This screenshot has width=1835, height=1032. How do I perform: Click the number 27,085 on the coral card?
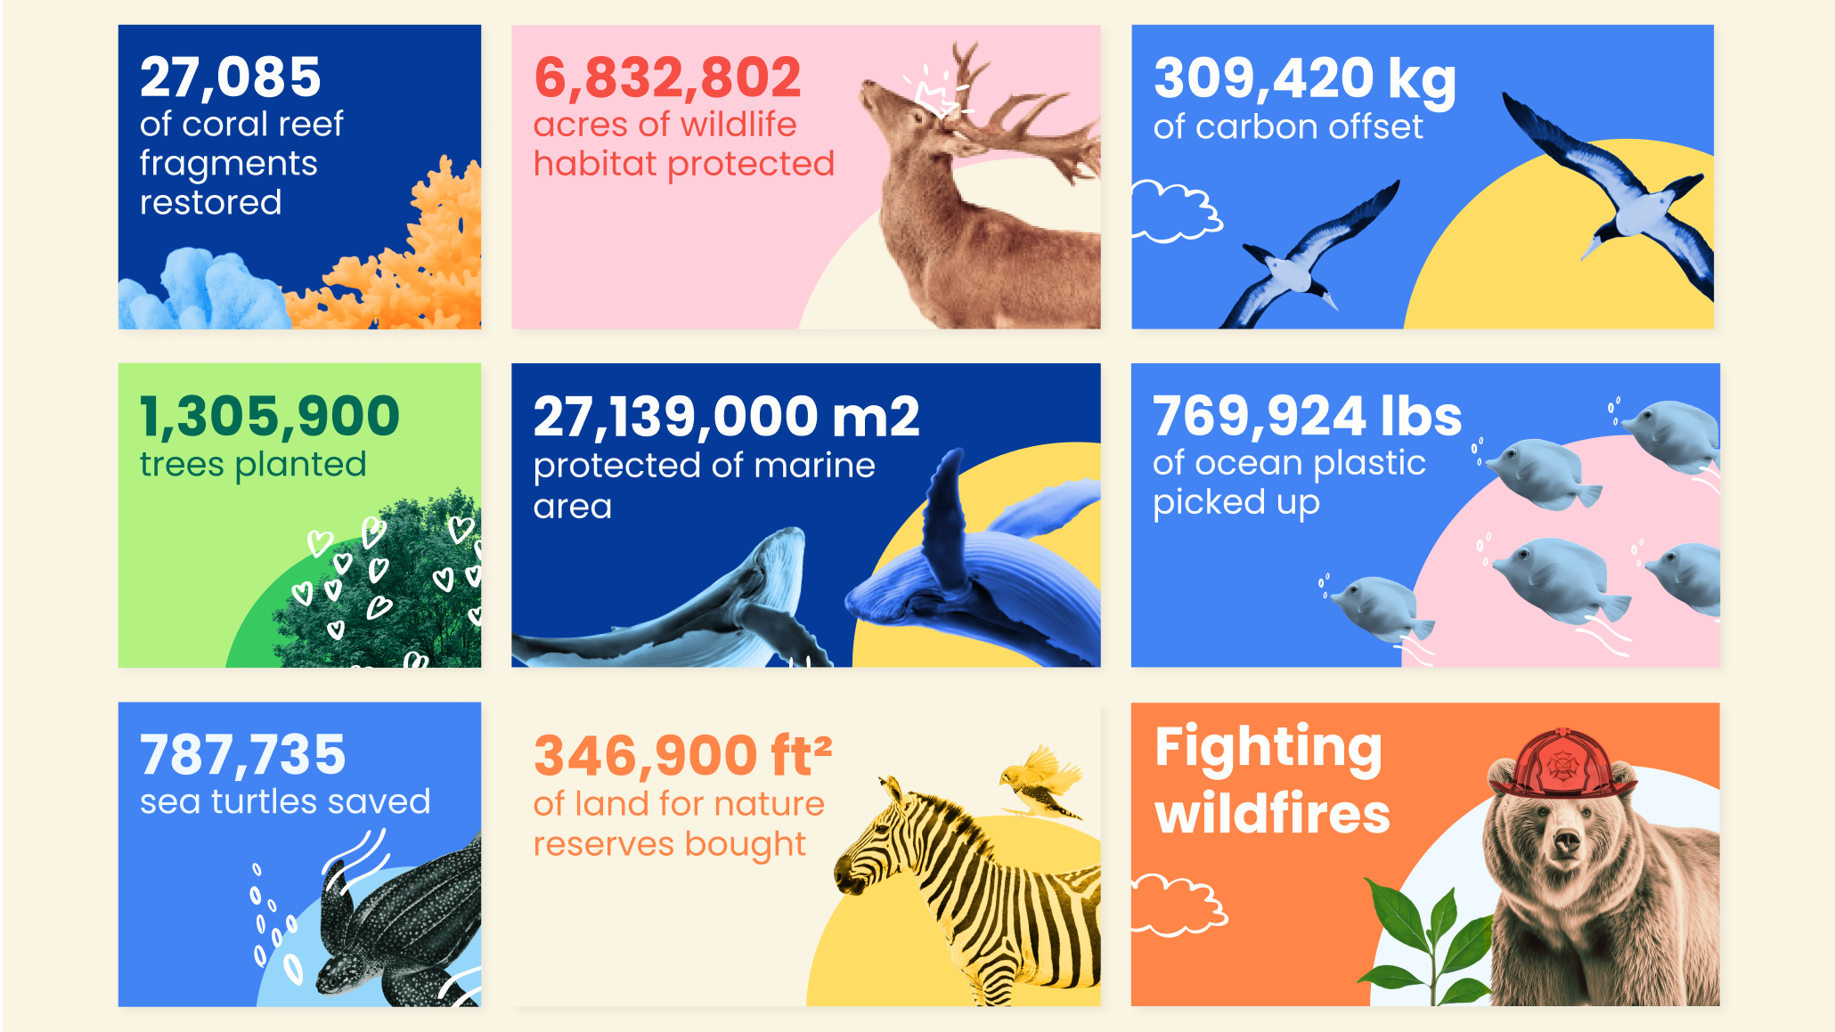tap(230, 78)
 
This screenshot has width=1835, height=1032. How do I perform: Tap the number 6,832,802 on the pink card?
tap(667, 78)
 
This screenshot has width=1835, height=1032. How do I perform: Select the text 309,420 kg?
tap(1304, 80)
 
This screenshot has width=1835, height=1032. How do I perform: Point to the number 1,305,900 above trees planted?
tap(270, 417)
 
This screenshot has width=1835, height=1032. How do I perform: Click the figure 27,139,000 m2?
tap(726, 417)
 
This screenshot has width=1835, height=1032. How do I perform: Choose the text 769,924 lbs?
tap(1307, 416)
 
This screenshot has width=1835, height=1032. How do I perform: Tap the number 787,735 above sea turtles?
tap(242, 755)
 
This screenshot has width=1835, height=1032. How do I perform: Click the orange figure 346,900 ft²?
tap(682, 756)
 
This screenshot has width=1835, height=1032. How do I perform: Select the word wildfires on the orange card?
tap(1272, 814)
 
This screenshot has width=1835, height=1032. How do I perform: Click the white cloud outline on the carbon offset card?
tap(1176, 212)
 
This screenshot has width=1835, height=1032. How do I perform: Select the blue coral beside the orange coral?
tap(204, 290)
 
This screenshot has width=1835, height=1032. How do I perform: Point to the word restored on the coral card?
tap(210, 203)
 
